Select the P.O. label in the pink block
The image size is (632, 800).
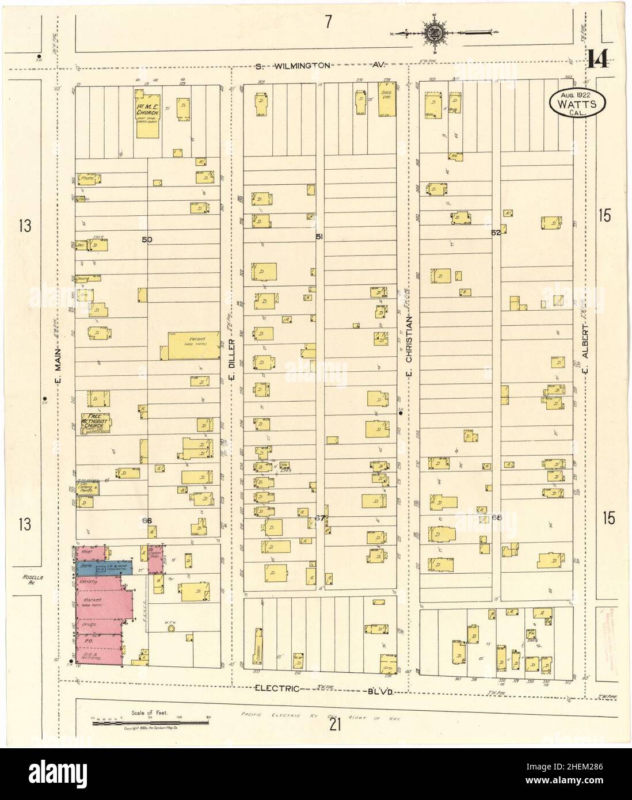[x=89, y=639]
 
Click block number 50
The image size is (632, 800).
[x=147, y=239]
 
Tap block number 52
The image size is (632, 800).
[x=496, y=233]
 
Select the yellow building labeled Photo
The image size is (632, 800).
[x=88, y=179]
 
